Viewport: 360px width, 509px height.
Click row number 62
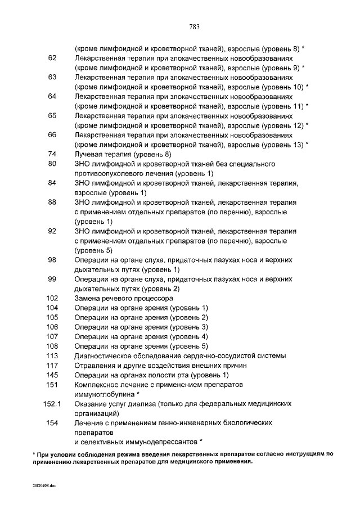tap(52, 58)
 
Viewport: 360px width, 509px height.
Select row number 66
tap(52, 135)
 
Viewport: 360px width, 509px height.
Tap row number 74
tap(52, 154)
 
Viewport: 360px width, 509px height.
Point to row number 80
tap(52, 164)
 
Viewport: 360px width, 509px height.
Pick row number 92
tap(52, 231)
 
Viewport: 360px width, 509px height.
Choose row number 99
tap(52, 279)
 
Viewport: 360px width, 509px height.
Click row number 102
tap(52, 298)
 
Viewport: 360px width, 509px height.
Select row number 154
tap(52, 423)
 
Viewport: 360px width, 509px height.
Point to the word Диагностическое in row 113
tap(107, 356)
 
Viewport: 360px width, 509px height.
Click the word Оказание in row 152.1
tap(91, 404)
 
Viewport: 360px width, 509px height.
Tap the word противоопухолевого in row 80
tap(112, 173)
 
